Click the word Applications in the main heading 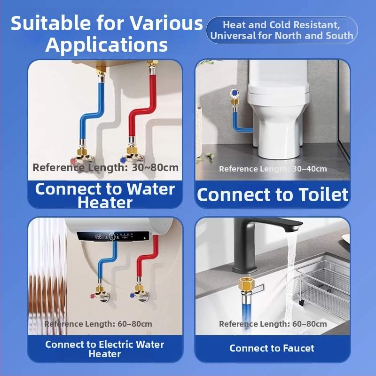106,45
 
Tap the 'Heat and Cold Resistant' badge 282,30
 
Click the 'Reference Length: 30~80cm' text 105,167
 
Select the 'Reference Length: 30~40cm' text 273,169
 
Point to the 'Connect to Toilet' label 273,195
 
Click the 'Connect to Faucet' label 272,348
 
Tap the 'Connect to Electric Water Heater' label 105,349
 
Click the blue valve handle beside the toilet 234,93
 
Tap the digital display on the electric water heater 113,236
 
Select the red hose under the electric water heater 148,257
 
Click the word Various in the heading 166,23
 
